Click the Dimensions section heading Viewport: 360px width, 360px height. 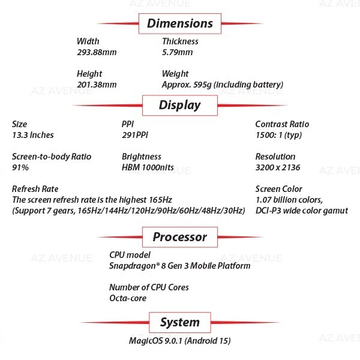tap(180, 24)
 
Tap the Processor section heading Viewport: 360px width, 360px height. tap(180, 237)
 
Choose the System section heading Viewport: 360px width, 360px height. tap(180, 323)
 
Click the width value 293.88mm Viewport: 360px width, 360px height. tap(97, 52)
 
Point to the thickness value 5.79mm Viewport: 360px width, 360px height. tap(178, 52)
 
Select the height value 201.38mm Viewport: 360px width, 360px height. tap(97, 85)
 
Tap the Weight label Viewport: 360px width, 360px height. tap(175, 74)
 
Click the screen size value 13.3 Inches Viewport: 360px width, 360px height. tap(33, 135)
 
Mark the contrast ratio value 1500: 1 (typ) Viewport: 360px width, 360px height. tap(278, 135)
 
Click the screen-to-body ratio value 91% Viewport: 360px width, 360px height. tap(20, 167)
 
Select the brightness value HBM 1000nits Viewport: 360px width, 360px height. tap(148, 167)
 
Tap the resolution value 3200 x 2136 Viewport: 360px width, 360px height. tap(278, 167)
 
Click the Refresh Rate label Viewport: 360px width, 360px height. tap(35, 189)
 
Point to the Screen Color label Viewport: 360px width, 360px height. tap(278, 189)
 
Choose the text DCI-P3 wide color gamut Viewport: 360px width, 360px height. tap(301, 211)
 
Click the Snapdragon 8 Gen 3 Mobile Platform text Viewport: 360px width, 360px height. tap(179, 265)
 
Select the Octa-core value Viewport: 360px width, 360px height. tap(128, 298)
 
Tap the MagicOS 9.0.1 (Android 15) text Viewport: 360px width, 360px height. tap(180, 341)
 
